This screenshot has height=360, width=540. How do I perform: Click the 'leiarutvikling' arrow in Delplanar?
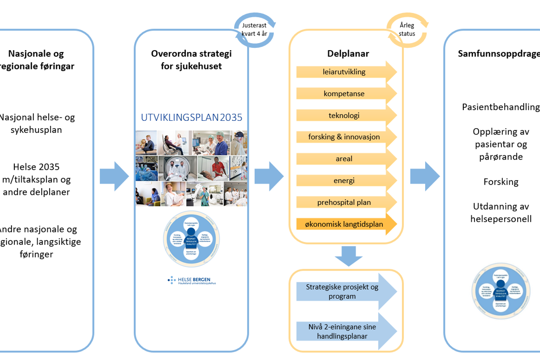(344, 72)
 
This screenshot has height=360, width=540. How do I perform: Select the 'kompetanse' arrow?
(344, 94)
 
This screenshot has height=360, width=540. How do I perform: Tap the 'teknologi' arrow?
(344, 116)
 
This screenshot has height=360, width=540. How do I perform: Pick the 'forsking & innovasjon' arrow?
(344, 137)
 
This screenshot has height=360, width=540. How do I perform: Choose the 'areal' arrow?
(344, 159)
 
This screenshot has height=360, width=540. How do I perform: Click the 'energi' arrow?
(344, 181)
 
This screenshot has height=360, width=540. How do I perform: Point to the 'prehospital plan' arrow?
(344, 202)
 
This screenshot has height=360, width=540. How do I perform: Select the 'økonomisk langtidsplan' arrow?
(344, 224)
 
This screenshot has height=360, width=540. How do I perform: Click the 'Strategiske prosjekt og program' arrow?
(342, 292)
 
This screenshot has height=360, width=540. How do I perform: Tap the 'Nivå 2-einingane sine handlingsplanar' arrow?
(342, 331)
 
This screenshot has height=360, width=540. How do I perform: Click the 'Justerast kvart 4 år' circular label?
(254, 30)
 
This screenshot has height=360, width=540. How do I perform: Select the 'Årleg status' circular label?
(407, 30)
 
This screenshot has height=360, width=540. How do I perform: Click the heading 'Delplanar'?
(348, 54)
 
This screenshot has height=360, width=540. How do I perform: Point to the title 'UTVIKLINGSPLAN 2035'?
(191, 117)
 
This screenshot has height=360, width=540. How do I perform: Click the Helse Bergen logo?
(192, 280)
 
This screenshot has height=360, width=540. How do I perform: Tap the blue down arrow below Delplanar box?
(349, 255)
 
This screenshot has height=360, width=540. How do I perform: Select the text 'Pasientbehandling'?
(501, 107)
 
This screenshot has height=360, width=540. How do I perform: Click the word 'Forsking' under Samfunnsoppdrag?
(501, 182)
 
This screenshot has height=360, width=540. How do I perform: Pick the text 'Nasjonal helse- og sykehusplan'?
(36, 124)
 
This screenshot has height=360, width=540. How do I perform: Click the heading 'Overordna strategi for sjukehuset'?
(191, 60)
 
